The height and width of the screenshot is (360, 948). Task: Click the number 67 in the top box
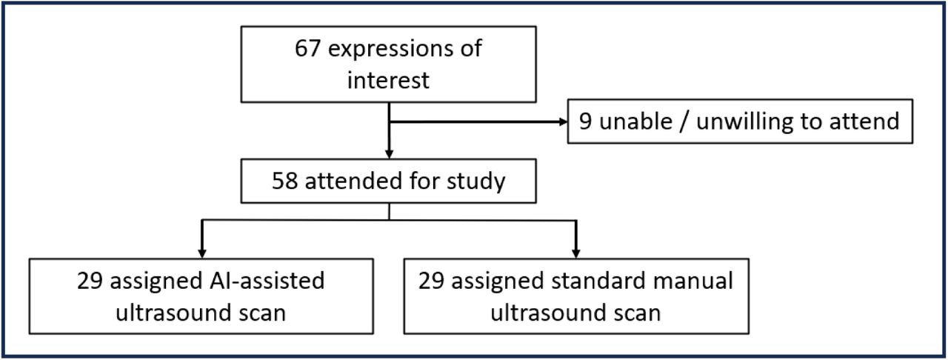pyautogui.click(x=307, y=48)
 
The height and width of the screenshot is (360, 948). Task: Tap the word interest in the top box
pyautogui.click(x=388, y=79)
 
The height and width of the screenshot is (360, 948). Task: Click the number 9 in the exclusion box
pyautogui.click(x=585, y=121)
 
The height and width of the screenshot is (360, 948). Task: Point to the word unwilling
pyautogui.click(x=744, y=122)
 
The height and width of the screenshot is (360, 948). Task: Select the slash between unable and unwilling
pyautogui.click(x=684, y=122)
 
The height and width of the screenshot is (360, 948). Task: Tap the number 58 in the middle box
pyautogui.click(x=284, y=181)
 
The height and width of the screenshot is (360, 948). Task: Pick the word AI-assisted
pyautogui.click(x=267, y=281)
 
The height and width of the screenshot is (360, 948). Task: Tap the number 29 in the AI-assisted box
pyautogui.click(x=90, y=281)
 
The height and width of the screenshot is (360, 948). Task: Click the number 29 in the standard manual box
pyautogui.click(x=431, y=281)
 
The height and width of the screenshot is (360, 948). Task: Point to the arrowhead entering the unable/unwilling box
pyautogui.click(x=564, y=122)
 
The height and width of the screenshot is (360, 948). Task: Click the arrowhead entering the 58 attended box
pyautogui.click(x=389, y=154)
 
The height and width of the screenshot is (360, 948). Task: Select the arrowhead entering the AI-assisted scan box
pyautogui.click(x=202, y=253)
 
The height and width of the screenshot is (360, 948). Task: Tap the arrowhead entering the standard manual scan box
pyautogui.click(x=576, y=253)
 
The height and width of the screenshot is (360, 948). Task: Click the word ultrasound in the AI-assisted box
pyautogui.click(x=173, y=313)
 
